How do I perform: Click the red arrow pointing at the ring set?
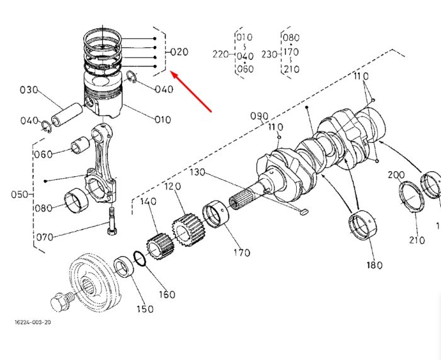coord(192,92)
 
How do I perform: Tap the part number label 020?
coord(179,52)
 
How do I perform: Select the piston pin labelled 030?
coord(67,115)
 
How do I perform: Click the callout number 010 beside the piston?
coord(163,120)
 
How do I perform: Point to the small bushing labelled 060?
coord(80,145)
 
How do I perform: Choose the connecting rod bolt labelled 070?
coord(112,221)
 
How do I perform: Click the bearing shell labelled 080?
coord(76,200)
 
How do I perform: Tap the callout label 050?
coord(20,194)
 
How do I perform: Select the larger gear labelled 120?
coord(189,230)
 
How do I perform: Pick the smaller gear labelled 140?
coord(160,246)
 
